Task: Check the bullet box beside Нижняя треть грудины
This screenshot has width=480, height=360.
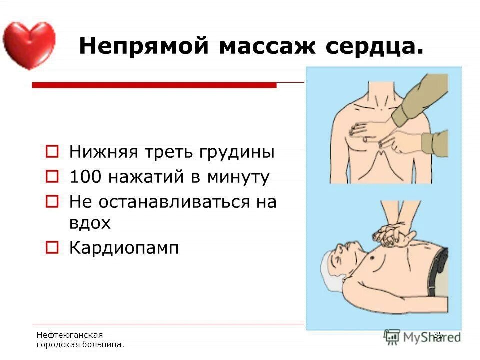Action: point(52,150)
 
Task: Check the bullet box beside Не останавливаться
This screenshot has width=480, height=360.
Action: point(52,201)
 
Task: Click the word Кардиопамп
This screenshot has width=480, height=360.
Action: point(124,248)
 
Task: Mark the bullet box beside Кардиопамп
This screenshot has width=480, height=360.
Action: point(52,247)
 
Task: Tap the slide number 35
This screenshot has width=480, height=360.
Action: point(438,334)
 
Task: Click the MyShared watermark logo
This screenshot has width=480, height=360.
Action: point(422,336)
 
